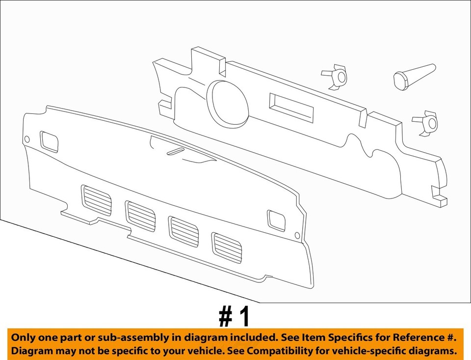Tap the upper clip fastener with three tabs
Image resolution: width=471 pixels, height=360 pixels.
coord(335,76)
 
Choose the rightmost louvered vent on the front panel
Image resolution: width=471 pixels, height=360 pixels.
coord(227,248)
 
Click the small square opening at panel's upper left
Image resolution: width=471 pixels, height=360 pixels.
coord(49,141)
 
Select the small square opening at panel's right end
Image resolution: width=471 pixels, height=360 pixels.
coord(276,221)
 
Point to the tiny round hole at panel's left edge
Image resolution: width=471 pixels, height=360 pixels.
coord(27,139)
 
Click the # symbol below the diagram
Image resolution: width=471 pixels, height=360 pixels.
coord(226,318)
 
